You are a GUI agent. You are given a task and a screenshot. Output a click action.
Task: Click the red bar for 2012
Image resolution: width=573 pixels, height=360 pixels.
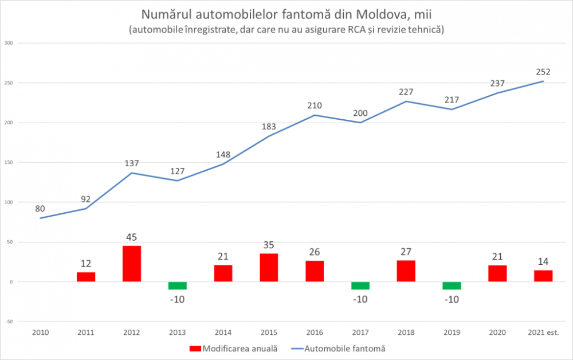pyautogui.click(x=132, y=264)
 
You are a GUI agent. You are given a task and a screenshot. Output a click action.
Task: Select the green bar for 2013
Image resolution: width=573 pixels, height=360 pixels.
pyautogui.click(x=178, y=285)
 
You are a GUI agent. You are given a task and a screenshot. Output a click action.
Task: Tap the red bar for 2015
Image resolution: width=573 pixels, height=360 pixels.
pyautogui.click(x=269, y=268)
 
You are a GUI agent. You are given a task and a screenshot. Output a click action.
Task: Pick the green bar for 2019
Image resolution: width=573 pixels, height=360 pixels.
pyautogui.click(x=452, y=285)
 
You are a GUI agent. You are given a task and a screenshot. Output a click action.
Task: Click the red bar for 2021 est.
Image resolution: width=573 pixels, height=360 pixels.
pyautogui.click(x=543, y=276)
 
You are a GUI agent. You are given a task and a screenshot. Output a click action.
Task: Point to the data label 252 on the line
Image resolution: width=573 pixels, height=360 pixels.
pyautogui.click(x=543, y=72)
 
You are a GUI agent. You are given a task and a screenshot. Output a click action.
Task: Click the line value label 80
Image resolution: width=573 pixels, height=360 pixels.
pyautogui.click(x=40, y=209)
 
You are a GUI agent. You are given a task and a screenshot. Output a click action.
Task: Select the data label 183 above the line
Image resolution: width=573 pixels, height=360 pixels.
pyautogui.click(x=269, y=126)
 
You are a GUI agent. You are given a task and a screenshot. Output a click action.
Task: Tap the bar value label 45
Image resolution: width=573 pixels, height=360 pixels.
pyautogui.click(x=132, y=237)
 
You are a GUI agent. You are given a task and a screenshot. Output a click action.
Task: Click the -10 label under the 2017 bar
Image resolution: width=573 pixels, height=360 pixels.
pyautogui.click(x=360, y=299)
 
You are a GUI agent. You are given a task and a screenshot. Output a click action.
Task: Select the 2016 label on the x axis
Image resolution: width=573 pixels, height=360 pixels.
pyautogui.click(x=315, y=332)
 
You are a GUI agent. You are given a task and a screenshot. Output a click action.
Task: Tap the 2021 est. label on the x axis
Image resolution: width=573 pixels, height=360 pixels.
pyautogui.click(x=543, y=332)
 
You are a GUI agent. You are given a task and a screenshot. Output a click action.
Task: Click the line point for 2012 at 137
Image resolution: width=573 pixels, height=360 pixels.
pyautogui.click(x=132, y=173)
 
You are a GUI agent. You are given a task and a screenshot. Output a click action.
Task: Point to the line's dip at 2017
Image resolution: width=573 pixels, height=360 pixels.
pyautogui.click(x=360, y=122)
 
